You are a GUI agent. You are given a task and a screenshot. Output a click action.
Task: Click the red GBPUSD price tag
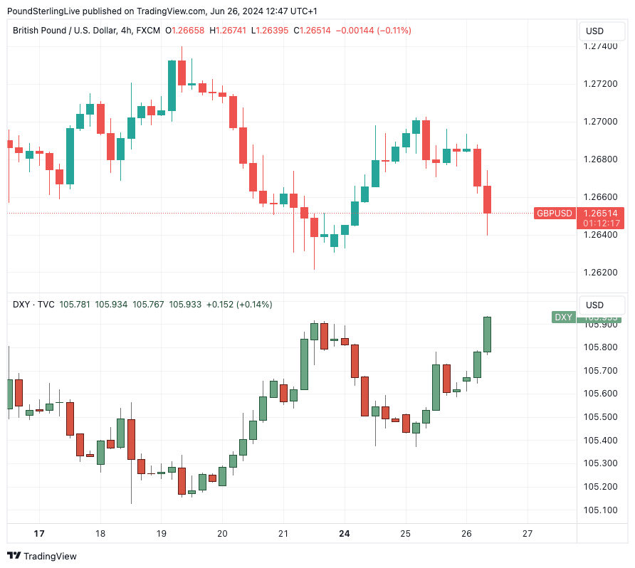pos(554,214)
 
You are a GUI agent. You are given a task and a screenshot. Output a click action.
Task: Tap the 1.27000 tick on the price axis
pos(599,122)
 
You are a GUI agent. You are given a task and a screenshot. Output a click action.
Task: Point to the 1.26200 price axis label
pos(599,272)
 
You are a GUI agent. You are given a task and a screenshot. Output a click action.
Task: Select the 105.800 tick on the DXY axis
pos(599,347)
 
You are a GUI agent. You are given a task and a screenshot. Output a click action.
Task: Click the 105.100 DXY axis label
pos(599,510)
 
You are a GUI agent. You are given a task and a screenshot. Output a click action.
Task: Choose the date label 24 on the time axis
pos(345,533)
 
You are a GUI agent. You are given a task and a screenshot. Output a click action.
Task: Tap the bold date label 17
pos(39,533)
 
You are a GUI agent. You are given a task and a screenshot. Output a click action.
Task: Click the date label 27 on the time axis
pos(528,533)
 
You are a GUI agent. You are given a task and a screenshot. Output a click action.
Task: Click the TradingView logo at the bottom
pos(42,556)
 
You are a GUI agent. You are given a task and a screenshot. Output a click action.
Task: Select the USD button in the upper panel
pos(594,31)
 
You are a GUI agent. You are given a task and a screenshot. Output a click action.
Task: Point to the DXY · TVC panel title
pos(33,305)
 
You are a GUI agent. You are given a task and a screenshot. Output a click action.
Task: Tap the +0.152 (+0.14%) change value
pos(238,305)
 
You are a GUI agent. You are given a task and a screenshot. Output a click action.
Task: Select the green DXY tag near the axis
pos(563,317)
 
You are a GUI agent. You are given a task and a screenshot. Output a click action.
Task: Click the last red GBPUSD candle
pos(487,199)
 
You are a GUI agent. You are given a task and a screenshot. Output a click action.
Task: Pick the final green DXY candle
pos(487,335)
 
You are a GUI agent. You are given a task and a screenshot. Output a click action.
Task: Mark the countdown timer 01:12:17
pos(602,223)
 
